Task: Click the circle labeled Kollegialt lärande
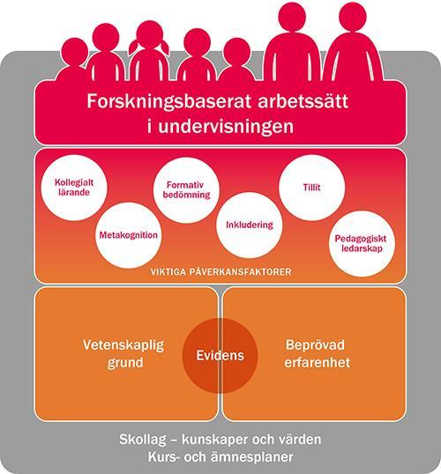pyautogui.click(x=74, y=188)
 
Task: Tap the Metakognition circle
pyautogui.click(x=129, y=235)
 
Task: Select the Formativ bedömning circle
pyautogui.click(x=186, y=190)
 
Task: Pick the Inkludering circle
pyautogui.click(x=250, y=225)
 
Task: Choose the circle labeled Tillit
pyautogui.click(x=311, y=188)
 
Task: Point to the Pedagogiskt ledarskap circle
pyautogui.click(x=362, y=244)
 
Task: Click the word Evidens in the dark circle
pyautogui.click(x=220, y=356)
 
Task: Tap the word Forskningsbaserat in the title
pyautogui.click(x=168, y=102)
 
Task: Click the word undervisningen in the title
pyautogui.click(x=226, y=126)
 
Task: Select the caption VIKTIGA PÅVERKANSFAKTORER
pyautogui.click(x=221, y=271)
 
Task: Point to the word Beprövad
pyautogui.click(x=315, y=345)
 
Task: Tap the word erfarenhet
pyautogui.click(x=318, y=362)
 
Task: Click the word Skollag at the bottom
pyautogui.click(x=143, y=440)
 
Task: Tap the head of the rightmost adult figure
pyautogui.click(x=353, y=17)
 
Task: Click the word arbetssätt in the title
pyautogui.click(x=303, y=101)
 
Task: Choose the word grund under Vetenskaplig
pyautogui.click(x=125, y=363)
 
